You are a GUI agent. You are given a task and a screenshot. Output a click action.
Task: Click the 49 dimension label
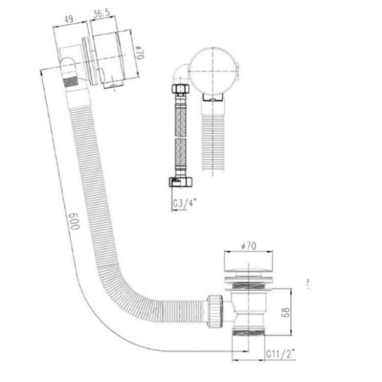(69, 19)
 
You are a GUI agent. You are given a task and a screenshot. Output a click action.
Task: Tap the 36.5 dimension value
(101, 13)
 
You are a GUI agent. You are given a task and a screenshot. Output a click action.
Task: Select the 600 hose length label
(74, 221)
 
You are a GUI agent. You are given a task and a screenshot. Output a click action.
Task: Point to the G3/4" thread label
(185, 202)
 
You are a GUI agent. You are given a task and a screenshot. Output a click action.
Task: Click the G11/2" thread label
(280, 354)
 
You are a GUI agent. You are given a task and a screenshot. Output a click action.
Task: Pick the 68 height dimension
(285, 312)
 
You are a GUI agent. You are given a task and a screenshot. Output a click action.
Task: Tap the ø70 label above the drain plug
(248, 246)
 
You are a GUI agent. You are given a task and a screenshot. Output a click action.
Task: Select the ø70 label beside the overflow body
(140, 52)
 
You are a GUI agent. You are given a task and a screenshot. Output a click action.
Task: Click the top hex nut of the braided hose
(181, 88)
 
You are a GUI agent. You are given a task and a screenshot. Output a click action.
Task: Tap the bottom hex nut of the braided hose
(180, 182)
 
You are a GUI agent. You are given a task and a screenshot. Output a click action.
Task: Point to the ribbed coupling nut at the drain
(215, 311)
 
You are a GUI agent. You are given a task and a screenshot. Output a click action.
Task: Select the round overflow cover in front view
(213, 71)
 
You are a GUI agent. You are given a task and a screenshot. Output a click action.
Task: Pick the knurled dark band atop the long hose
(71, 82)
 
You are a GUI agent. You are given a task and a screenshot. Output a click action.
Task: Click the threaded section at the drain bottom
(248, 332)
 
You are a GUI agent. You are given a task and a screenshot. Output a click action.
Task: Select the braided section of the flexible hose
(181, 137)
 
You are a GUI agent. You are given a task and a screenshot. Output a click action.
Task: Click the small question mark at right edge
(308, 284)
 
